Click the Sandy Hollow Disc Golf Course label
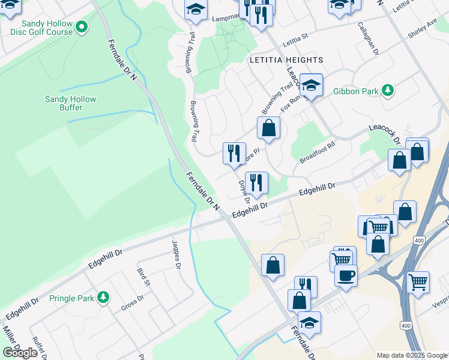(38, 28)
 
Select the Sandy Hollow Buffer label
(71, 103)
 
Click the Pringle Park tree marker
(104, 297)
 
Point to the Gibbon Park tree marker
(388, 91)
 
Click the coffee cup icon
(346, 276)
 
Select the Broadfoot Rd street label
(316, 152)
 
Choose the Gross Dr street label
(132, 303)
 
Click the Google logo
(20, 353)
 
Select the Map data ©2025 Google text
(412, 355)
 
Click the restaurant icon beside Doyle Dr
(256, 182)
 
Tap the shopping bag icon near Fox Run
(268, 127)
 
